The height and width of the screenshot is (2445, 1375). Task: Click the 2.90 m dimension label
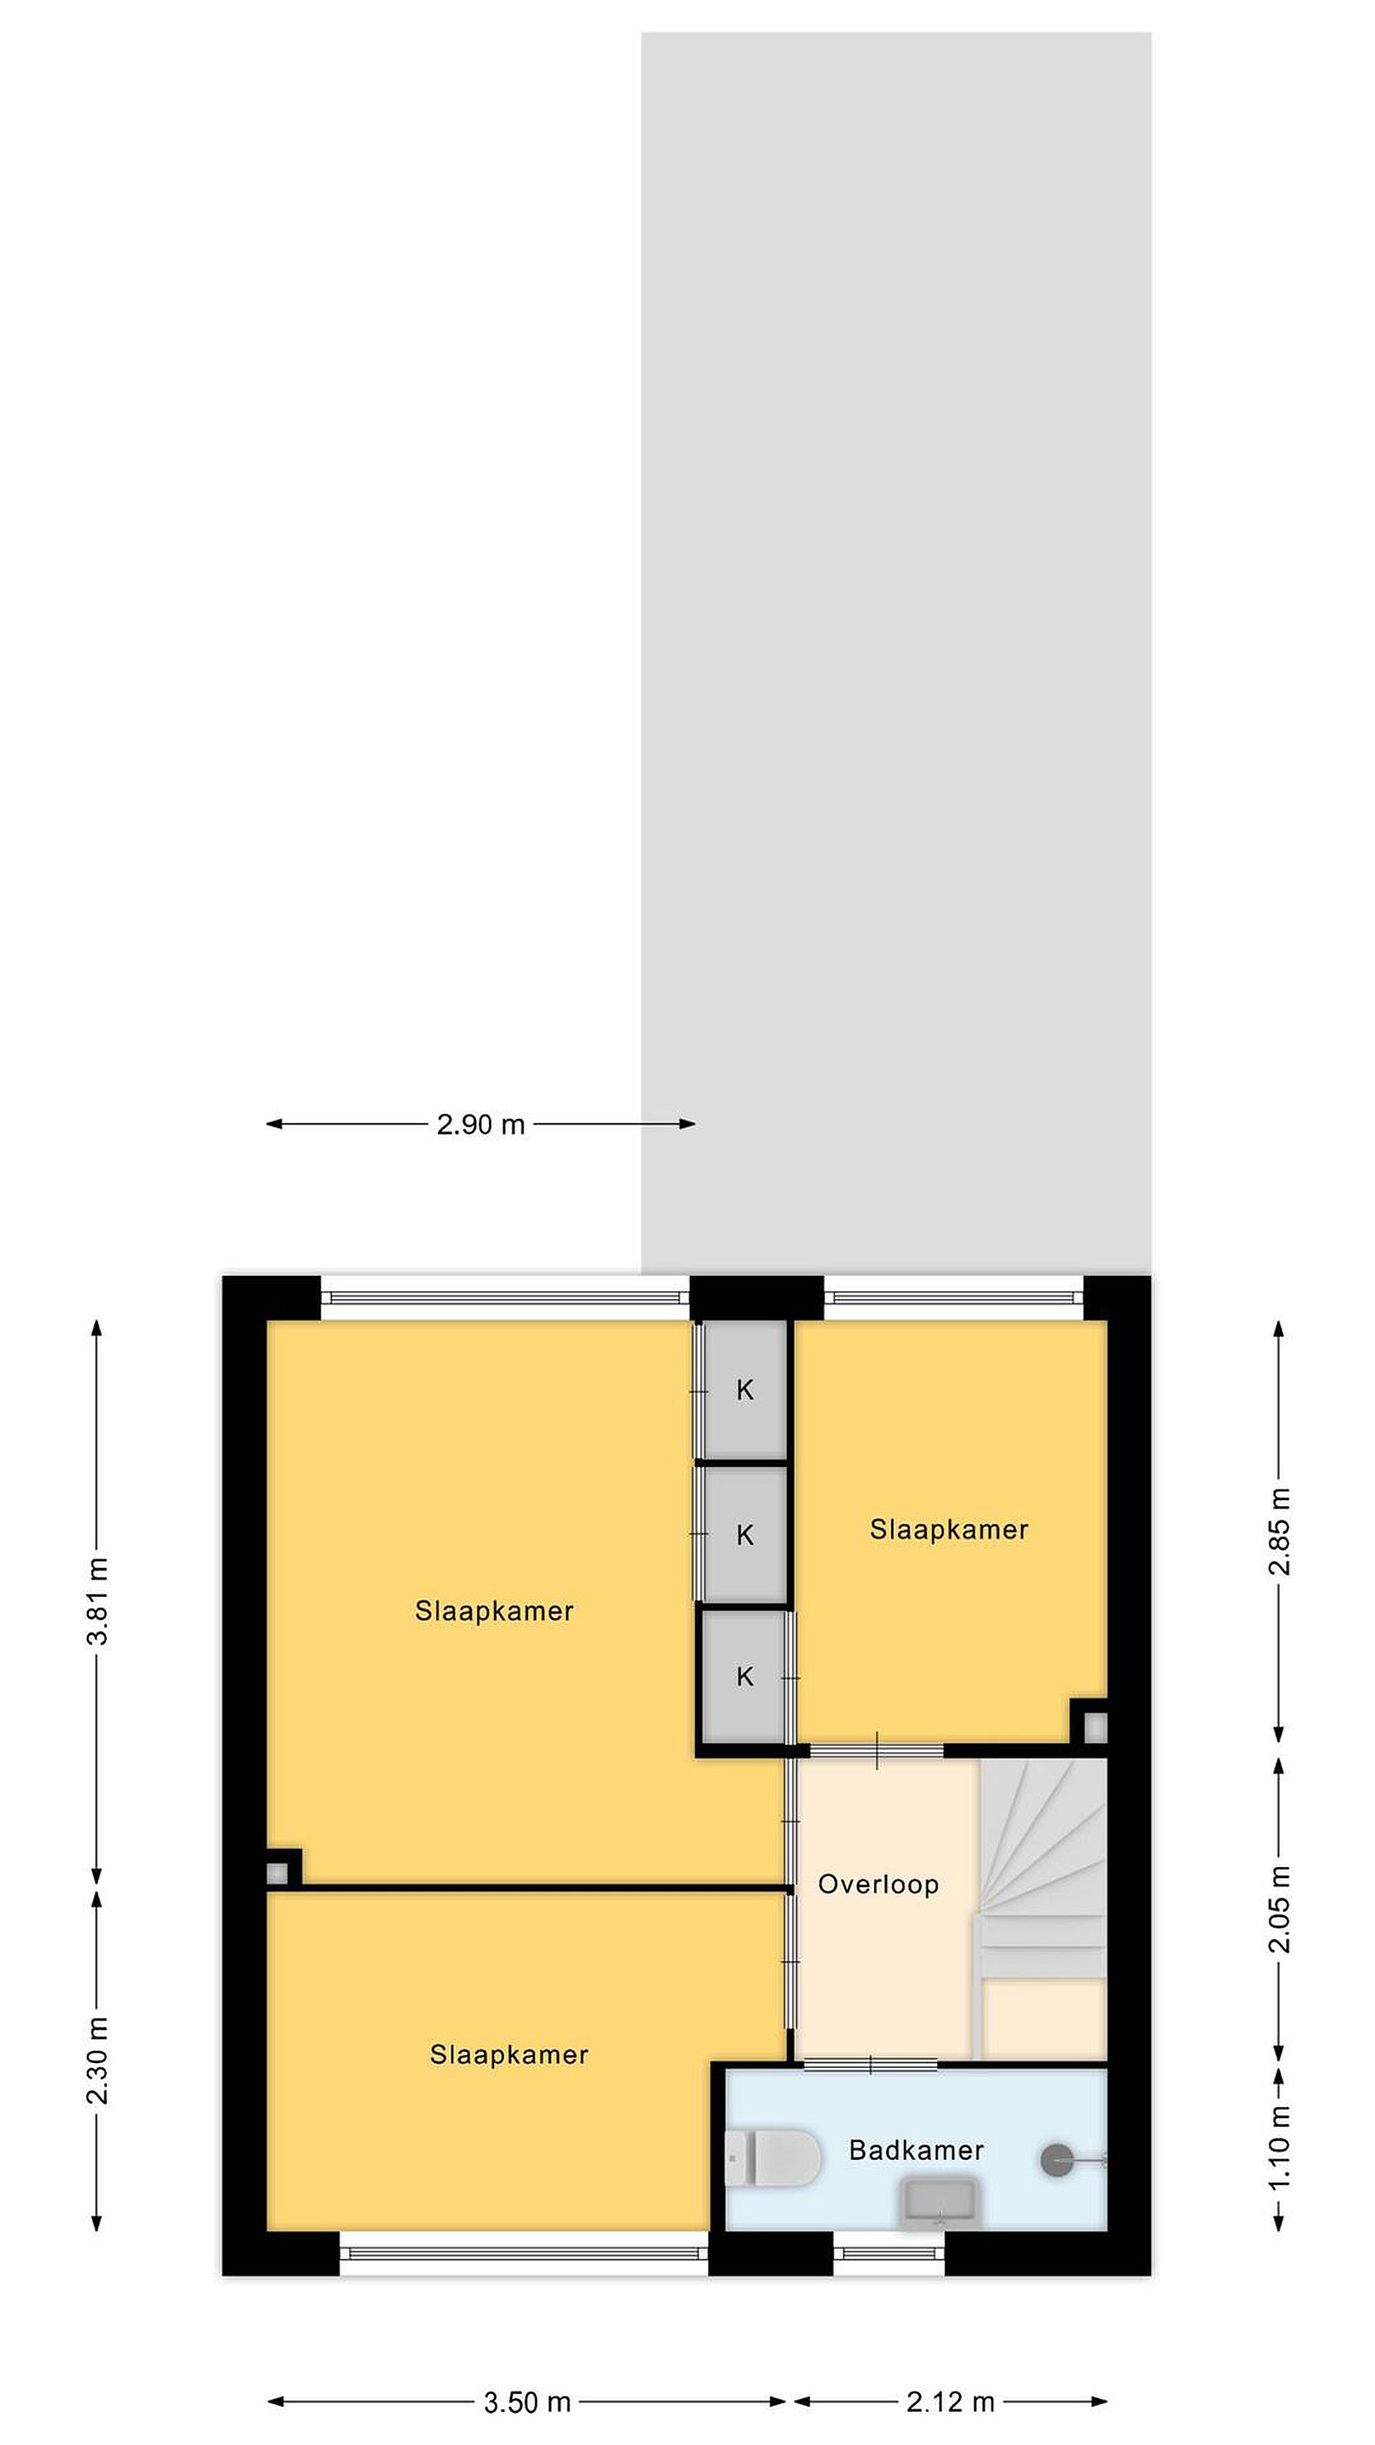[x=480, y=1125]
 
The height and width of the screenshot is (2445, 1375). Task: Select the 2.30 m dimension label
[x=98, y=2060]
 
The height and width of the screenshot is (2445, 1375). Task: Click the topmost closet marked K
[x=744, y=1390]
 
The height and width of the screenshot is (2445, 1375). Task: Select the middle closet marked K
[x=744, y=1536]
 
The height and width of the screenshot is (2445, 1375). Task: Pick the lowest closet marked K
[x=744, y=1678]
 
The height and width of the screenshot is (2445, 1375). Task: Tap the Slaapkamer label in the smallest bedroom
[x=949, y=1530]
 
